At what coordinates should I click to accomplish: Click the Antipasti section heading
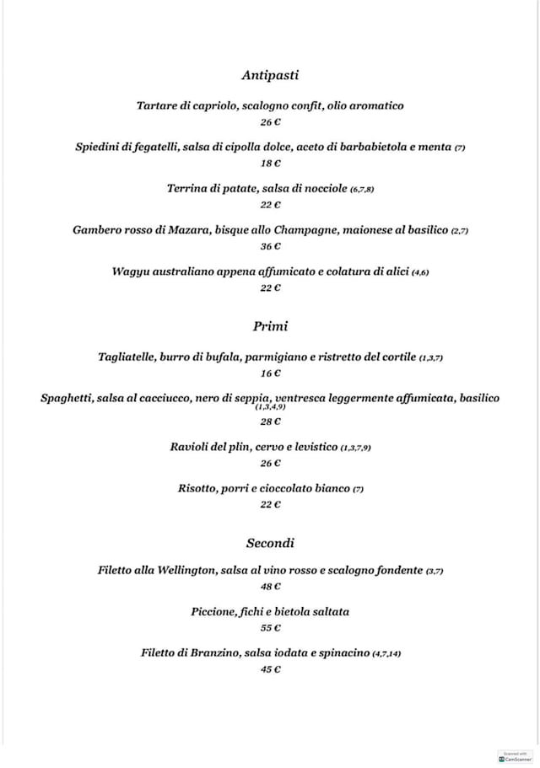[x=270, y=75]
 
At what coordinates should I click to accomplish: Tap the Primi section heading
[x=270, y=325]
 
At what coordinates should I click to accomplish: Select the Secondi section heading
[x=270, y=542]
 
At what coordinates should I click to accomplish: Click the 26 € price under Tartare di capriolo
[x=270, y=122]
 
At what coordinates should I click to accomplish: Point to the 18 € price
[x=270, y=164]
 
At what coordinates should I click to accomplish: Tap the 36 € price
[x=270, y=246]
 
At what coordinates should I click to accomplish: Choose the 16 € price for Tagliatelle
[x=270, y=373]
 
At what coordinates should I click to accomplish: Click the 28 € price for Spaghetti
[x=270, y=422]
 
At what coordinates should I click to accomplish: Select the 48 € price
[x=270, y=586]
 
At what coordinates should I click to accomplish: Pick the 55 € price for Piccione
[x=270, y=628]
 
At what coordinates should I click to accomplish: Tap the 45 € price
[x=270, y=669]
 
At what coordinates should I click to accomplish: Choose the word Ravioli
[x=192, y=446]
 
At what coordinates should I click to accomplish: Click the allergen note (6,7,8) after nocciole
[x=362, y=190]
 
